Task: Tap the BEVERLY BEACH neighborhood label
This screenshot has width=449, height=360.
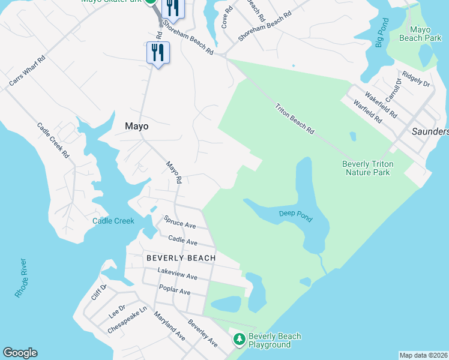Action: [181, 257]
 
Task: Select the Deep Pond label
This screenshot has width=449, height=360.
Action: [295, 214]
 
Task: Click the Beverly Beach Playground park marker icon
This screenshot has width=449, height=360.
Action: [239, 340]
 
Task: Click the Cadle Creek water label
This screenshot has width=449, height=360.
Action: [113, 221]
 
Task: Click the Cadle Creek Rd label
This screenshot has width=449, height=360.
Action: [53, 140]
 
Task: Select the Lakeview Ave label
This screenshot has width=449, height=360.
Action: [177, 274]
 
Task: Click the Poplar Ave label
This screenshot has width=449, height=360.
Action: [174, 291]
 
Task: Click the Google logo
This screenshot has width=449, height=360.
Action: [20, 353]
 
